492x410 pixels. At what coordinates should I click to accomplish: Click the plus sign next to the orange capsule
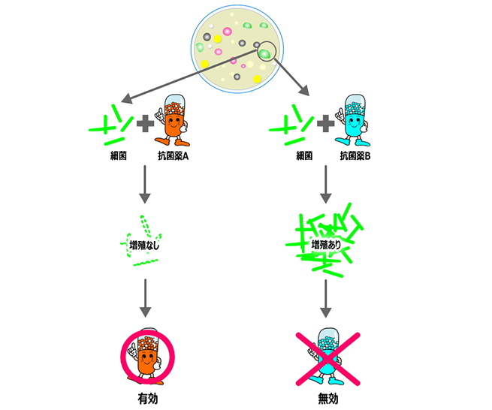143,123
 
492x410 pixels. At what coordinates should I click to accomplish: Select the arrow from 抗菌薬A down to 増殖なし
146,186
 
